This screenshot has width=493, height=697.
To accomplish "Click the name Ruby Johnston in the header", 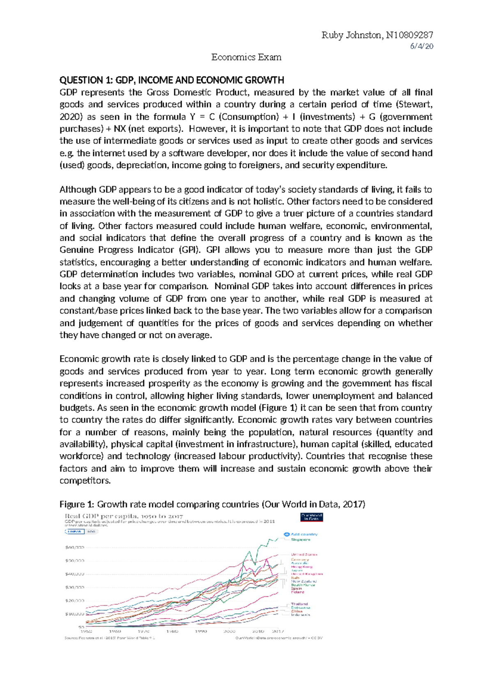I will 351,35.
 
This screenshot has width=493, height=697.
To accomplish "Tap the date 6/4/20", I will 422,46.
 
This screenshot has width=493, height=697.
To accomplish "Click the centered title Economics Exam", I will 246,57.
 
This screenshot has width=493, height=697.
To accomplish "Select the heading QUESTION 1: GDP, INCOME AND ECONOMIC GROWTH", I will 172,80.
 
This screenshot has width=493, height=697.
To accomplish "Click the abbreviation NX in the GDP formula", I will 120,129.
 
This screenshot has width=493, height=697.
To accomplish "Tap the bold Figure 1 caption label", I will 77,504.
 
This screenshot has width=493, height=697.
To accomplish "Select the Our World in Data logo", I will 312,517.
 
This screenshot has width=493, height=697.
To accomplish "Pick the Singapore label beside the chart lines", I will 300,540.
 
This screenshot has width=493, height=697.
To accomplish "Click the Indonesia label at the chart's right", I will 300,615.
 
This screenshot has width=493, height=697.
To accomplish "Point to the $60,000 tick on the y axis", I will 74,547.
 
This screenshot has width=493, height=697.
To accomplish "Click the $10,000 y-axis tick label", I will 74,614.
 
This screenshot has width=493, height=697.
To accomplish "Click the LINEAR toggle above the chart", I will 75,531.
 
